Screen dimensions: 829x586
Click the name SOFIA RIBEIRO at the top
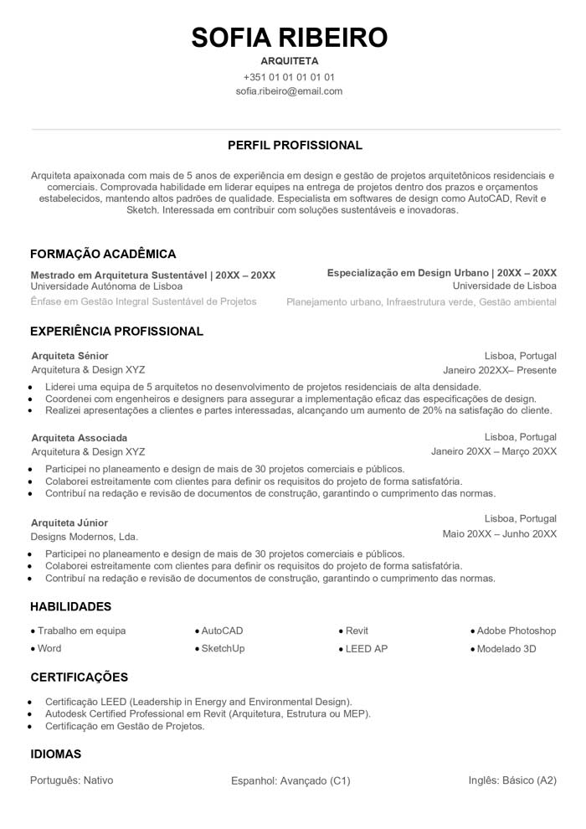click(290, 38)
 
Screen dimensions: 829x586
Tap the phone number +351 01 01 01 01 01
click(290, 76)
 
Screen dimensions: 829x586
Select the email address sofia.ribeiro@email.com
click(290, 91)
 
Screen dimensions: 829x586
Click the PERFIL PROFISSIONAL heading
click(295, 146)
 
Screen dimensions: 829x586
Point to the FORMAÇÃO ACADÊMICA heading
click(103, 254)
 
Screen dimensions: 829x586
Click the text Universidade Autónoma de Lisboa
click(106, 286)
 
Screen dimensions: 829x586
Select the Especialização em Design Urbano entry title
click(441, 273)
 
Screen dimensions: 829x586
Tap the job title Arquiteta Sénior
click(69, 356)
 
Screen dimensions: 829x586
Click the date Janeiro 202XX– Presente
click(500, 370)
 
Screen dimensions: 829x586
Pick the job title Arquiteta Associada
click(80, 438)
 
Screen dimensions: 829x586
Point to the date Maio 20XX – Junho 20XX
click(499, 534)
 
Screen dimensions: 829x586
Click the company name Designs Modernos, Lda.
click(85, 537)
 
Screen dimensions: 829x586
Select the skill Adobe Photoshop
click(517, 631)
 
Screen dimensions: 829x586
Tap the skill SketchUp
click(223, 649)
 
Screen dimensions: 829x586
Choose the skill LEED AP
click(366, 649)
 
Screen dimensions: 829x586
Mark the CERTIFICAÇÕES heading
click(80, 677)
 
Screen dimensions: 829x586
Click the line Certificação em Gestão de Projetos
click(125, 727)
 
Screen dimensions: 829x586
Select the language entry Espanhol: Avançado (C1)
click(290, 781)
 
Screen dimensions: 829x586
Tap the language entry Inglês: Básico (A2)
click(512, 780)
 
